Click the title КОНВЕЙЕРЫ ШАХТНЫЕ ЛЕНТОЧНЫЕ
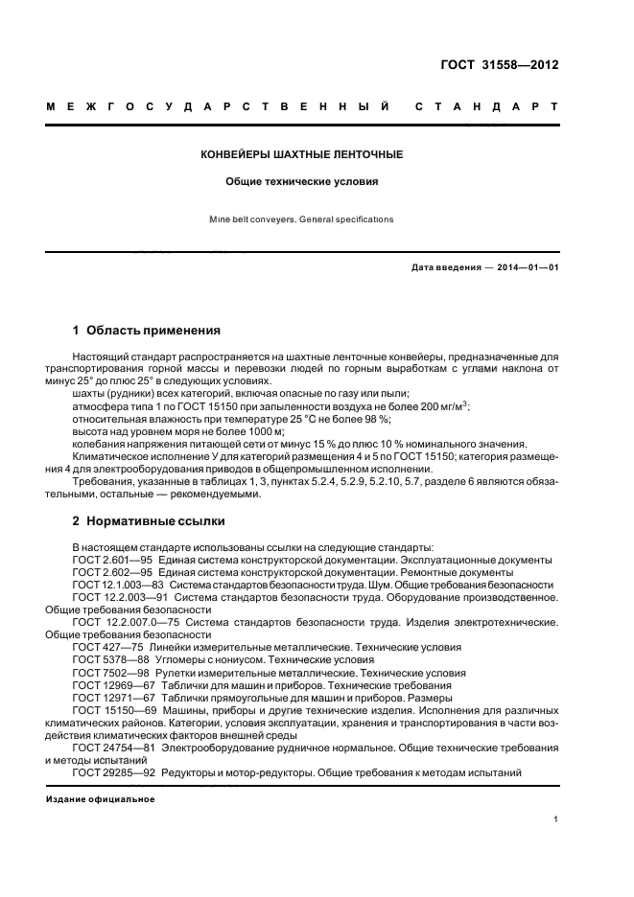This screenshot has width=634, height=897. point(301,153)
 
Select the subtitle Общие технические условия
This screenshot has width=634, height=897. point(301,180)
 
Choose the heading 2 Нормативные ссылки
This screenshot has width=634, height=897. point(149,521)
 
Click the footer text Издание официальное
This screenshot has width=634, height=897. point(100,798)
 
